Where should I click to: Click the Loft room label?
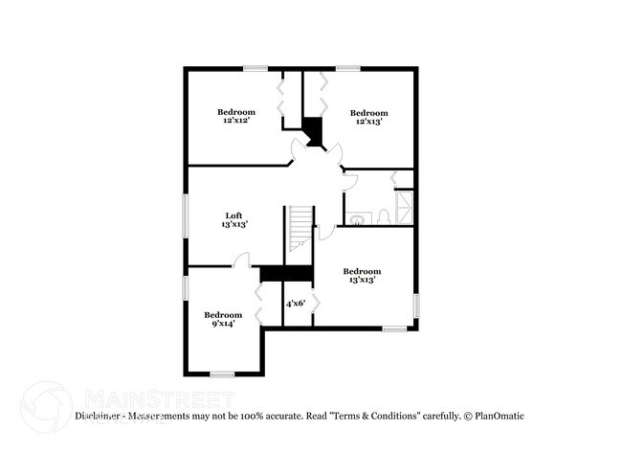234,215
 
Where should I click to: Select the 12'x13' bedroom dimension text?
368,122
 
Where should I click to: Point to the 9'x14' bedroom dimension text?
223,324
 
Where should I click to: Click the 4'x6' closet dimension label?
296,303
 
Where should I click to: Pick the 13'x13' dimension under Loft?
234,224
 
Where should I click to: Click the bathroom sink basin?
356,219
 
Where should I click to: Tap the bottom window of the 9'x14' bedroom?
223,374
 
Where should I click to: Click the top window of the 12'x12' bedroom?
255,67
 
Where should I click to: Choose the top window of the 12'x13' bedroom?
347,67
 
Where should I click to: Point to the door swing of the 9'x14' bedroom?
242,259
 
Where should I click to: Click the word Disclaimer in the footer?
100,416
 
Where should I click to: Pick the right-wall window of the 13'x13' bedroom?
416,304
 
